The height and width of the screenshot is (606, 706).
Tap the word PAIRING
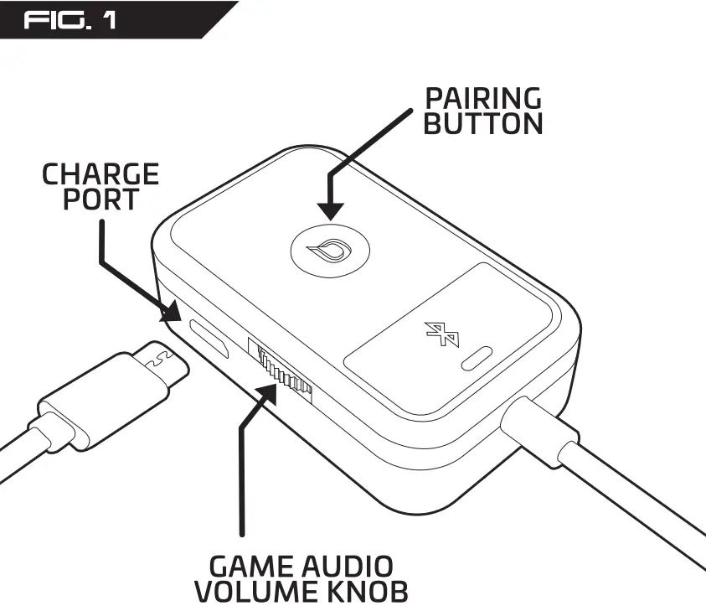482,98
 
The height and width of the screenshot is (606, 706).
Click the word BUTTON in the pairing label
482,124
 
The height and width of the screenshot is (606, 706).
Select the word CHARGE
100,174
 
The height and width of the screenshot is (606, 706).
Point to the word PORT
100,199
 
